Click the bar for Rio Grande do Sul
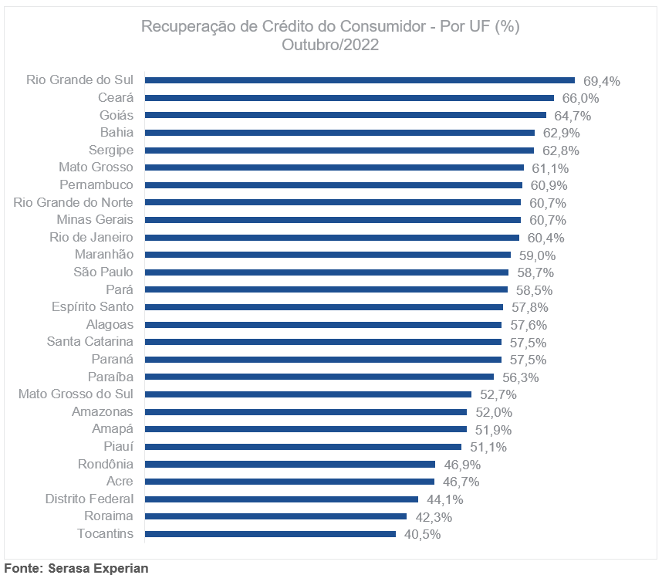(360, 80)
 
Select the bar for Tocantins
(270, 534)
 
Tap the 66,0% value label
(581, 98)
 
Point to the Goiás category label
(117, 115)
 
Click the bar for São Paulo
(326, 272)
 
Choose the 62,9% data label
(562, 133)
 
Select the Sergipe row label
(110, 150)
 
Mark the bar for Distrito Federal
(282, 499)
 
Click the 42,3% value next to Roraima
(434, 517)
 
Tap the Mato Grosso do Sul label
(76, 394)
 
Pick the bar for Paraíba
(319, 377)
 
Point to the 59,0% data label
(538, 255)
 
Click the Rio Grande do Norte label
(73, 202)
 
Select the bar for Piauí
(303, 447)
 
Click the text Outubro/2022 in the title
(330, 45)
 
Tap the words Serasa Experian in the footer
(98, 568)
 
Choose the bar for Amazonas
(306, 412)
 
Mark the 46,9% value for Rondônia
(462, 465)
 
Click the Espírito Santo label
(93, 307)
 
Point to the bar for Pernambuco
(333, 185)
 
